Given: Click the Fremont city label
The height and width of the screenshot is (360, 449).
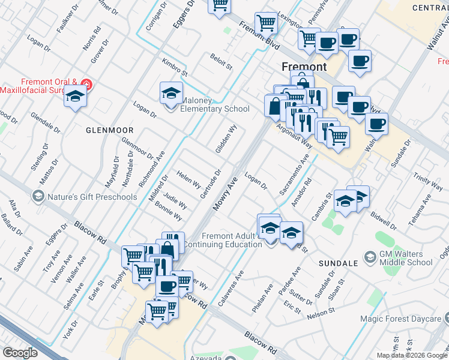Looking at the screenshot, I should pyautogui.click(x=304, y=67).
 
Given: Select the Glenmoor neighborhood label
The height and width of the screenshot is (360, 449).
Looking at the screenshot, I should pyautogui.click(x=109, y=129).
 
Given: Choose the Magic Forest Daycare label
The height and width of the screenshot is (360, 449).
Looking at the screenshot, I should pyautogui.click(x=408, y=319).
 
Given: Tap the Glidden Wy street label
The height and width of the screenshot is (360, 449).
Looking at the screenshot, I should pyautogui.click(x=226, y=139).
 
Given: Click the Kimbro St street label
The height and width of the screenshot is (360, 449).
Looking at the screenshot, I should pyautogui.click(x=175, y=67).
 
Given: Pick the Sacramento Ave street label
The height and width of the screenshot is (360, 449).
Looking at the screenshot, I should pyautogui.click(x=294, y=174).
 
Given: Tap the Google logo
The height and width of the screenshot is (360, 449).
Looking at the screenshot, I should pyautogui.click(x=20, y=353).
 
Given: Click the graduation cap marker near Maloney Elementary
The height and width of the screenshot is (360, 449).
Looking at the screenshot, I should pyautogui.click(x=171, y=94).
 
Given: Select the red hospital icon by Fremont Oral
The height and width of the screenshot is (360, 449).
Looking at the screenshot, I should pyautogui.click(x=88, y=83).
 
